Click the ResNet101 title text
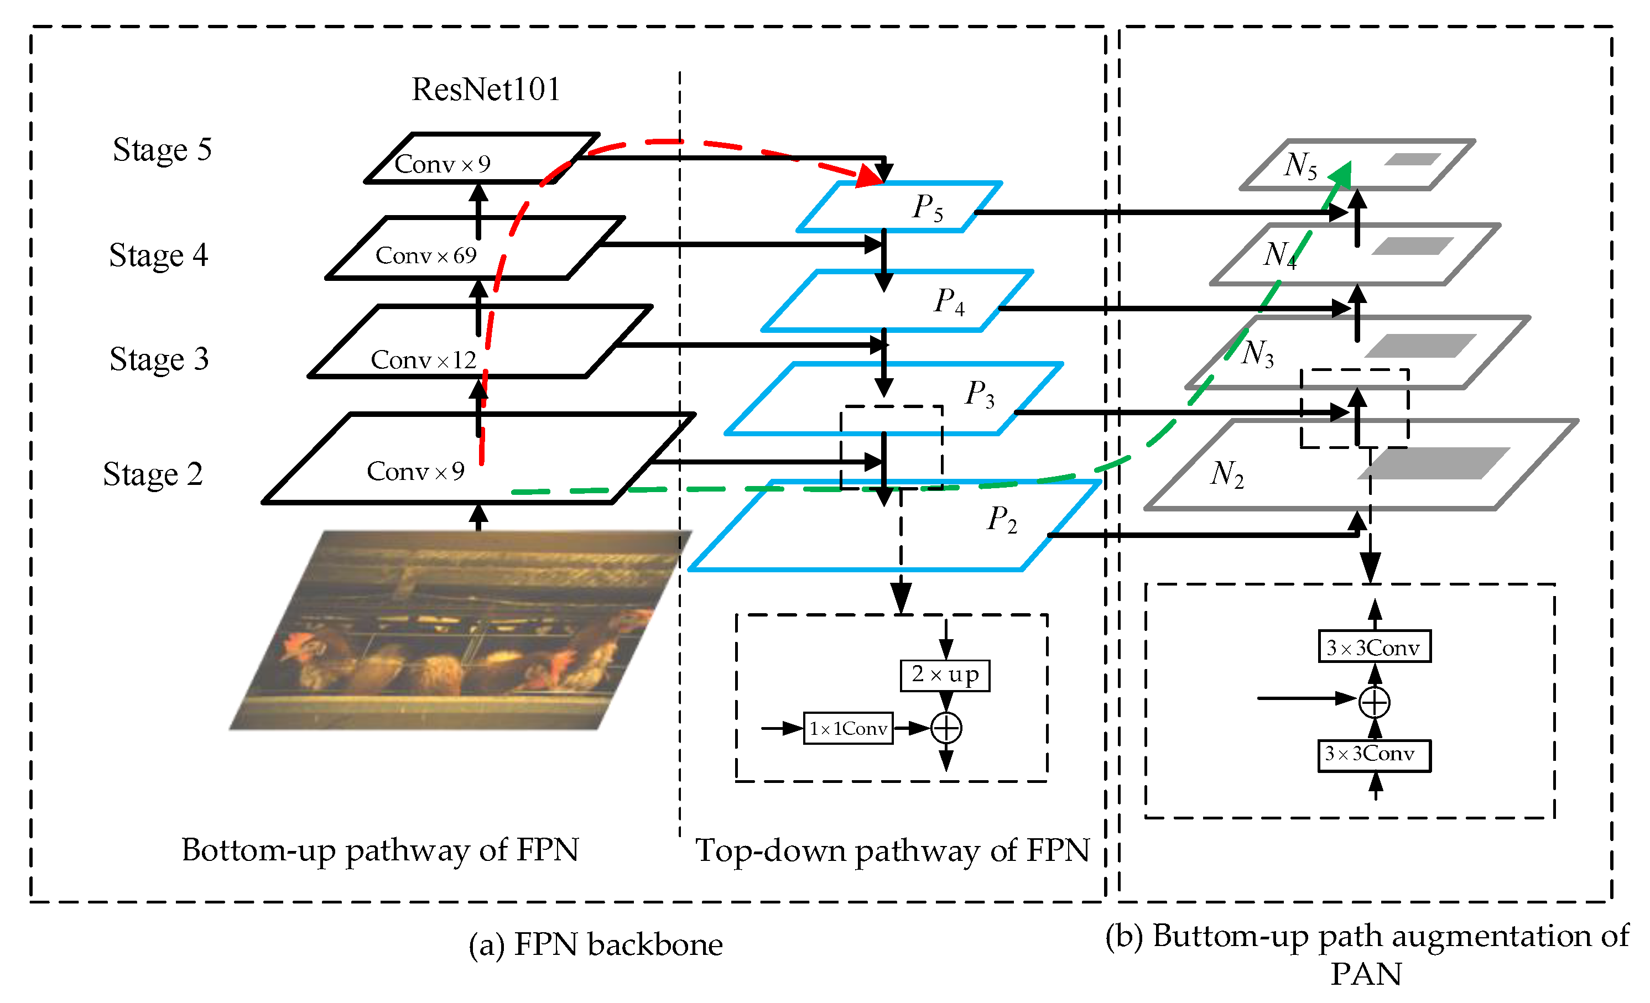[486, 89]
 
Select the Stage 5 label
[162, 149]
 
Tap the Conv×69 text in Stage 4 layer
[426, 255]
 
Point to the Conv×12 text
[423, 360]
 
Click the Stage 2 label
[153, 474]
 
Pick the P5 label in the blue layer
[928, 207]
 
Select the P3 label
[980, 394]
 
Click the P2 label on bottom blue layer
[1002, 520]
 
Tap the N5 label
[1300, 165]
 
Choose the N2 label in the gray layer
[1227, 474]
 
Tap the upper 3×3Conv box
[1374, 647]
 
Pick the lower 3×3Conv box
[1374, 755]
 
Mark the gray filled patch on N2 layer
[1433, 463]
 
